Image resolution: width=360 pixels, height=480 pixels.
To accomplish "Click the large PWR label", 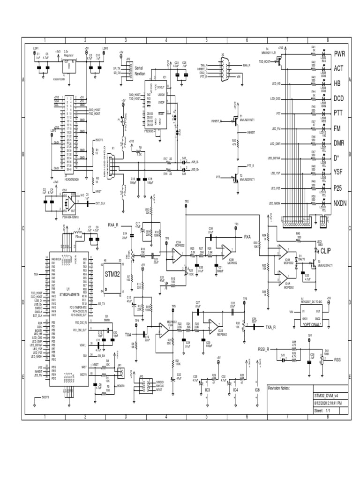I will (339, 54).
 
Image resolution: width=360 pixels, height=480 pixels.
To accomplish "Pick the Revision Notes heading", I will (278, 388).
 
